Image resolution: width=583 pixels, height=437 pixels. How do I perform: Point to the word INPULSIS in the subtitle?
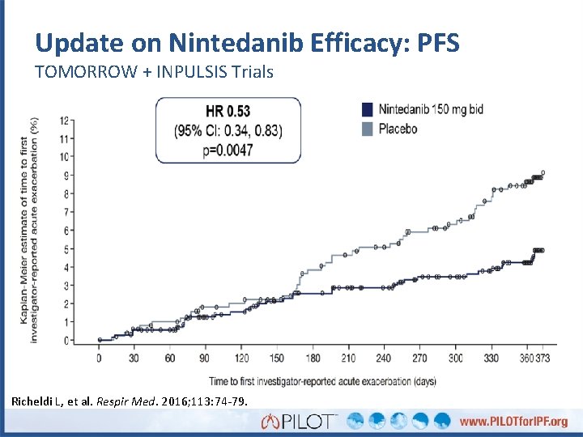[194, 72]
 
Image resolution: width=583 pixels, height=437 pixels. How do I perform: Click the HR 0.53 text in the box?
[228, 110]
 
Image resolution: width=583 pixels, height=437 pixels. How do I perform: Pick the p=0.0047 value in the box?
[228, 151]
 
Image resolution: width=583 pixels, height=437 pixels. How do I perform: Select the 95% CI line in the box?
[228, 130]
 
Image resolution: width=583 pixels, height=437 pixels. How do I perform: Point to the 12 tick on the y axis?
[63, 121]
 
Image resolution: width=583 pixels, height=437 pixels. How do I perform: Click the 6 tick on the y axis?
[66, 231]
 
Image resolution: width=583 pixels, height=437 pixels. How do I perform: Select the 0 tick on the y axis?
[66, 341]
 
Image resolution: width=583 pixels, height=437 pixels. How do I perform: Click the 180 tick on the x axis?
[313, 358]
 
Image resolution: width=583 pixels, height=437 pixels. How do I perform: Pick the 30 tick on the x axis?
[134, 358]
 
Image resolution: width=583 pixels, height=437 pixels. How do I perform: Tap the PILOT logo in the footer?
[299, 421]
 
